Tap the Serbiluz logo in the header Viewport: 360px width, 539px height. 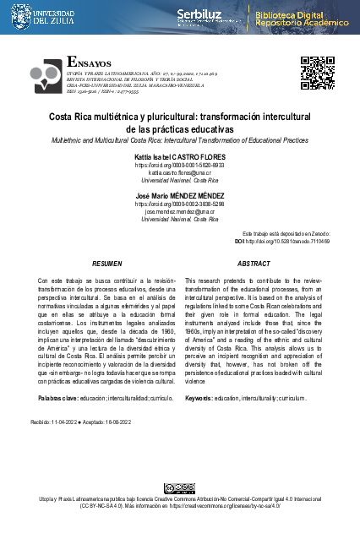(x=200, y=16)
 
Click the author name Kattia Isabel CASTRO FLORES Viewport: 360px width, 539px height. (x=179, y=158)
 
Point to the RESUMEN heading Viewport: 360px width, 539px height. (x=106, y=264)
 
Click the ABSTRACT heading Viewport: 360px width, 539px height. (x=254, y=264)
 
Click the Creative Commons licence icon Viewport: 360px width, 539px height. (x=180, y=488)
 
